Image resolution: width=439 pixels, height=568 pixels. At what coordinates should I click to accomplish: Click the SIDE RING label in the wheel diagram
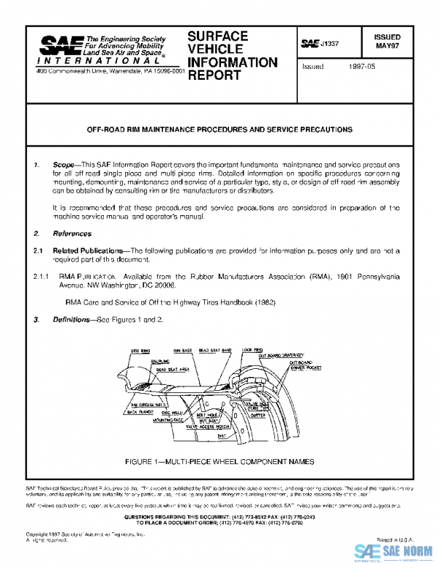click(x=140, y=351)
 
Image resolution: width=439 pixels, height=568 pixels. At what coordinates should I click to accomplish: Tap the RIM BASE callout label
click(x=182, y=351)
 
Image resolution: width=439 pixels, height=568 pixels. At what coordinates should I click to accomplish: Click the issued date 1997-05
click(x=361, y=66)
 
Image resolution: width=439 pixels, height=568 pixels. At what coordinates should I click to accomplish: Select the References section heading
click(x=72, y=234)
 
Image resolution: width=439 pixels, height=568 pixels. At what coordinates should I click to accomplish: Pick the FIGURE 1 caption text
click(x=219, y=462)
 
